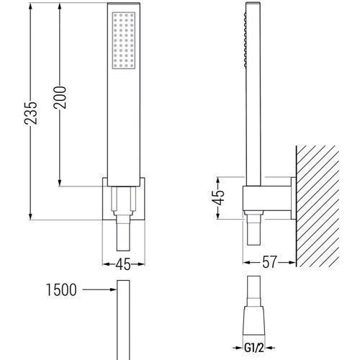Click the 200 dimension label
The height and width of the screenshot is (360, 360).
(60, 97)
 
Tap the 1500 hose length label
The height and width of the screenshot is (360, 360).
(61, 289)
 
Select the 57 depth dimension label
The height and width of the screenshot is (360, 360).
(269, 262)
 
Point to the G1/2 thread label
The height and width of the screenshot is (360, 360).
(254, 348)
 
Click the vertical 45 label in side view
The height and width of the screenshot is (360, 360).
(219, 198)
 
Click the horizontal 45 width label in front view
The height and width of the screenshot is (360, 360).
(124, 264)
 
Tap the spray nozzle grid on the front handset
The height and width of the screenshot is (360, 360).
(124, 40)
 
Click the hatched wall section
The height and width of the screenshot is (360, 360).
(318, 206)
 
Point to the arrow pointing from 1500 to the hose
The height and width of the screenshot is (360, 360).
(99, 289)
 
